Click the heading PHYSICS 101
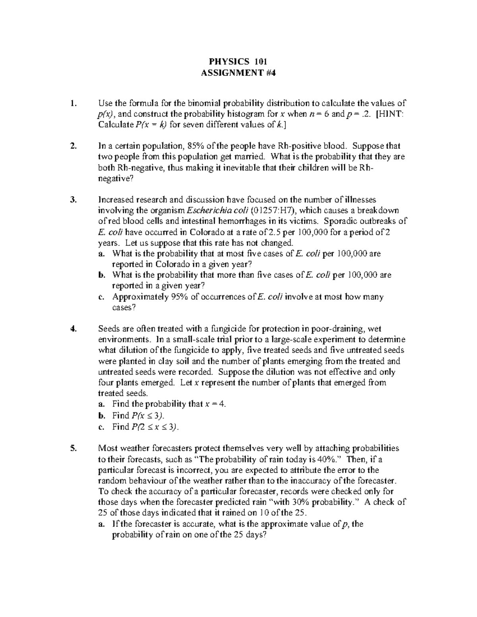[238, 61]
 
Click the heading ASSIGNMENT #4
[238, 72]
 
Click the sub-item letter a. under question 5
[101, 524]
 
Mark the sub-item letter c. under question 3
[101, 297]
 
